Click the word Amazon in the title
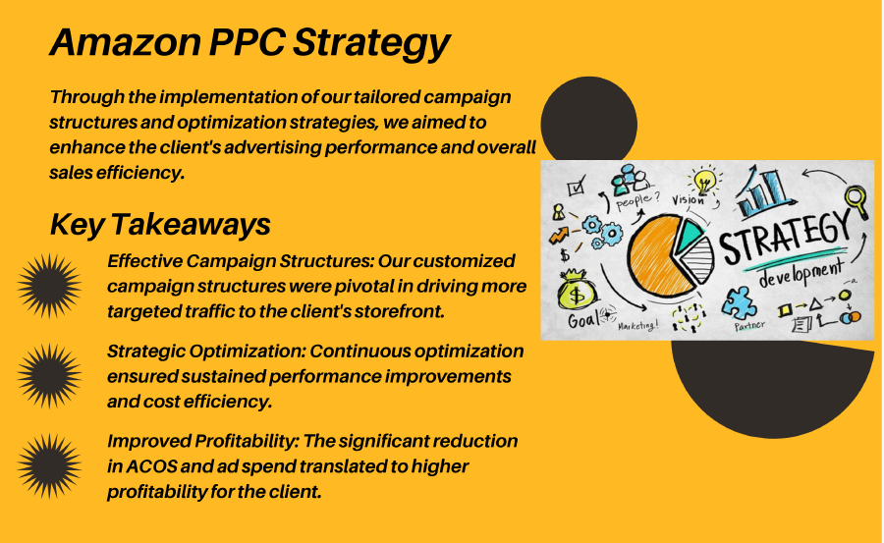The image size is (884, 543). point(126,41)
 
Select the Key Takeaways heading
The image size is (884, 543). point(160,224)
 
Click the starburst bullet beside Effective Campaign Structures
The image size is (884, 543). point(49,286)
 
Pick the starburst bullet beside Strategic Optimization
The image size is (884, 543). point(49,376)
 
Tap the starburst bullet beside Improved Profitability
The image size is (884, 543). point(49,466)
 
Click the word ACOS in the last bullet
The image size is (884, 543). point(151,466)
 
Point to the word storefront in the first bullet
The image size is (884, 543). point(398,311)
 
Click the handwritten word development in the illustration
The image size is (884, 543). point(801,274)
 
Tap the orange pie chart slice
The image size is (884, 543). point(661,255)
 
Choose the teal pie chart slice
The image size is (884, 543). point(689,235)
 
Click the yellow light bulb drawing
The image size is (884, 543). point(704,181)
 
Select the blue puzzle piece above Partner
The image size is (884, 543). point(740,303)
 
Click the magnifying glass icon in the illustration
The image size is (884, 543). point(856,201)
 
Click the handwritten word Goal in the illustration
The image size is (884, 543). point(582,320)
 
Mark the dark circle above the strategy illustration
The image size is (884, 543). point(588,120)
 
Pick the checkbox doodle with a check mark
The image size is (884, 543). point(577,186)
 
